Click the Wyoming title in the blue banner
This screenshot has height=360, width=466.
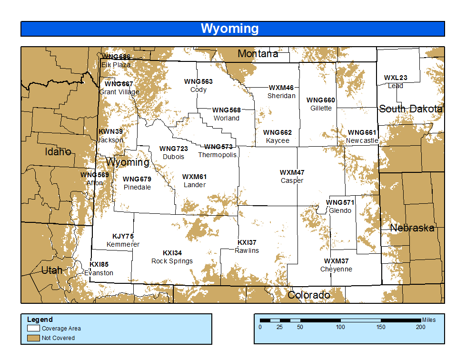tap(229, 29)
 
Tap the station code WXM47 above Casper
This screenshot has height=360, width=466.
tap(292, 172)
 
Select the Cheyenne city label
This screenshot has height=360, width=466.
tap(336, 269)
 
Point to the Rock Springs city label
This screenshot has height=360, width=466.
tap(172, 261)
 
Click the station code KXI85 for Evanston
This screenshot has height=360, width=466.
tap(99, 265)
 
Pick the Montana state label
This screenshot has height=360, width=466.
tap(258, 54)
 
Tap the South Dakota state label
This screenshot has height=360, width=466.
tap(410, 109)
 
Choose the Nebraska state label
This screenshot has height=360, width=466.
tap(412, 228)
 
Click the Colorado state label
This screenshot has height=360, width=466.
tap(309, 295)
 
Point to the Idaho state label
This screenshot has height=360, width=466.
tap(58, 152)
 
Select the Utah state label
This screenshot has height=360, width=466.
tap(51, 270)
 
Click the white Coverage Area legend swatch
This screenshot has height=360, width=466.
tap(33, 329)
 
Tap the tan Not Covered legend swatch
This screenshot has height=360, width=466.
tap(33, 338)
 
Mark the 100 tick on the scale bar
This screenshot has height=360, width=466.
tap(340, 327)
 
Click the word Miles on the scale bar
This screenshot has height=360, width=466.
tap(428, 320)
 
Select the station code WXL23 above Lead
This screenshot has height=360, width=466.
tap(396, 78)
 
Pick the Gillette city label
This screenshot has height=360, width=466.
tap(321, 108)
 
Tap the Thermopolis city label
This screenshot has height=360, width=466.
tap(217, 155)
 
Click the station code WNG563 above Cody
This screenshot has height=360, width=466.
tap(198, 81)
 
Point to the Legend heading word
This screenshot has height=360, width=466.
tap(40, 320)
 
